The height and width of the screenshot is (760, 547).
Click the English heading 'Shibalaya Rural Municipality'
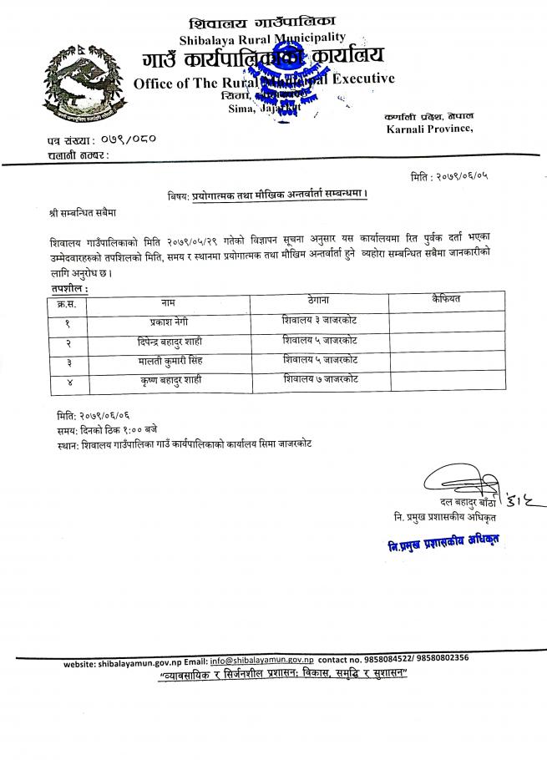tap(261, 38)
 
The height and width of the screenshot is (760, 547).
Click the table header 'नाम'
tap(167, 300)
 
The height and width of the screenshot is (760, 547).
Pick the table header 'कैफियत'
tap(447, 299)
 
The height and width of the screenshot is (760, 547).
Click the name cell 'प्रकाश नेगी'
tap(168, 321)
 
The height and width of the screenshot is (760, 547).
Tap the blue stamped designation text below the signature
tap(443, 543)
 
